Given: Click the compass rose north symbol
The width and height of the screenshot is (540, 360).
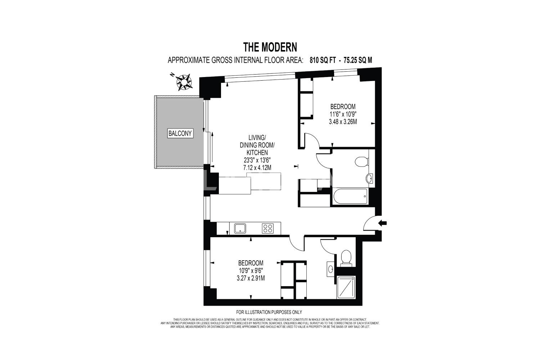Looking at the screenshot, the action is click(184, 82).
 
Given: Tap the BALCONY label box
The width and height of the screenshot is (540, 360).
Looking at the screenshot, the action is click(180, 133).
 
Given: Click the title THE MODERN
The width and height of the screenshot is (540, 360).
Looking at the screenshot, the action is click(270, 47).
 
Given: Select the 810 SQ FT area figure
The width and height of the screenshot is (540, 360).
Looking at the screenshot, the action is click(323, 60).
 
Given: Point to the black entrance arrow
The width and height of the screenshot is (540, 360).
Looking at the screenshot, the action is click(383, 223).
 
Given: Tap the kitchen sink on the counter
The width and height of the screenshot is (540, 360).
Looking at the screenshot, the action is click(240, 228).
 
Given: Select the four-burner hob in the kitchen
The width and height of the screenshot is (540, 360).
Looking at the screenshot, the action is click(267, 228).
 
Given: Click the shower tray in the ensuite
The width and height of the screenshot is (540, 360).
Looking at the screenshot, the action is click(346, 287).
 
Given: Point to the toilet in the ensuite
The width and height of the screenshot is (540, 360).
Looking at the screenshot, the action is click(346, 257).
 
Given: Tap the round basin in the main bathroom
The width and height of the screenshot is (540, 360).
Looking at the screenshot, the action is click(369, 179).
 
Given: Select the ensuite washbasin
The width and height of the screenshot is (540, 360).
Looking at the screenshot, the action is click(331, 268).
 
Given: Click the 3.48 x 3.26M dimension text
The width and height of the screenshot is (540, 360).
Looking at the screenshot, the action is click(343, 122).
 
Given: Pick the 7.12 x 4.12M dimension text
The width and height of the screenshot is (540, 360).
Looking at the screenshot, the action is click(257, 168).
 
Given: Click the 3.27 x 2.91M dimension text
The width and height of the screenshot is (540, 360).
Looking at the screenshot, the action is click(251, 278).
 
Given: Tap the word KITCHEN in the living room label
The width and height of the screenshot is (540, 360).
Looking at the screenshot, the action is click(257, 152).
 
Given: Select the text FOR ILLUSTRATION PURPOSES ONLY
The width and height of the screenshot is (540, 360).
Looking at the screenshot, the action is click(269, 312).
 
